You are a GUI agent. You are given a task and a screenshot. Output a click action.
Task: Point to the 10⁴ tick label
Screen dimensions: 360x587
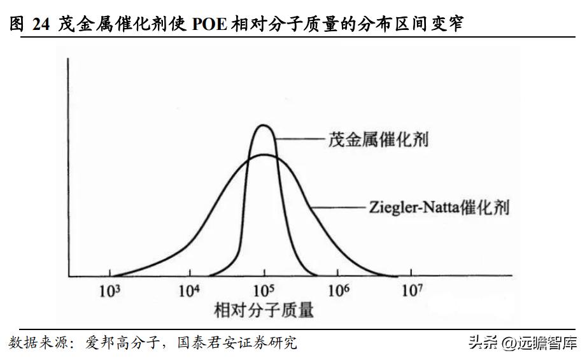pyautogui.click(x=188, y=291)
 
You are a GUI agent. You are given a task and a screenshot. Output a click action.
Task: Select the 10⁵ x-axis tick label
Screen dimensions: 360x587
pyautogui.click(x=263, y=291)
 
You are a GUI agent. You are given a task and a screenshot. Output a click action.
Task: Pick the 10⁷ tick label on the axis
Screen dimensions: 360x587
pyautogui.click(x=412, y=291)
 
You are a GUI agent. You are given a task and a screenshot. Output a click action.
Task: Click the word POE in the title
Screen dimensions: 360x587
pyautogui.click(x=204, y=24)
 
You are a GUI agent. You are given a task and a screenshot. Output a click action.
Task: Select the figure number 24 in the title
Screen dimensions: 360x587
pyautogui.click(x=40, y=24)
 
